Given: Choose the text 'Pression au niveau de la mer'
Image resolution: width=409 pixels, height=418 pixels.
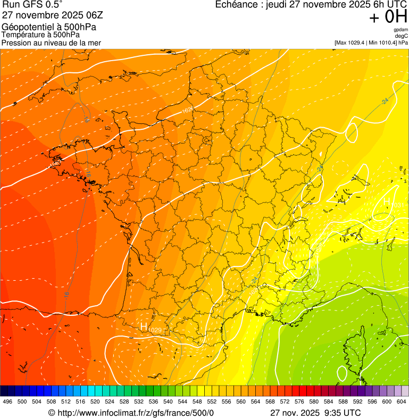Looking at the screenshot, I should point(51,43).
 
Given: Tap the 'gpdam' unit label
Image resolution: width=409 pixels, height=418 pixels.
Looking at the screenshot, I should point(400,30).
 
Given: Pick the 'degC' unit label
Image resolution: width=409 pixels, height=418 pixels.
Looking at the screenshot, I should point(402,36).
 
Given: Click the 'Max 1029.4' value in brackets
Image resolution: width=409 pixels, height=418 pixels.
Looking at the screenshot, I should point(351,43).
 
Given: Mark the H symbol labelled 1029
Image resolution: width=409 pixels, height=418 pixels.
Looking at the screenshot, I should point(144,327).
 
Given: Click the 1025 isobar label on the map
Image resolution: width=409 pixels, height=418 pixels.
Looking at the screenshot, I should point(187,110).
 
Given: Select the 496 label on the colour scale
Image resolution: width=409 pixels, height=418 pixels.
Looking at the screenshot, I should point(7,401).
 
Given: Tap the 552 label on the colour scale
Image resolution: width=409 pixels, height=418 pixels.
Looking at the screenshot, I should point(211,401).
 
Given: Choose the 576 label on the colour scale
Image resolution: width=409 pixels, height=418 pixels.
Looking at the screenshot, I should point(299,401).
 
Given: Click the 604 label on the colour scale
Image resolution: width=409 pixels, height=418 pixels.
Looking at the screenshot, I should point(401,401).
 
